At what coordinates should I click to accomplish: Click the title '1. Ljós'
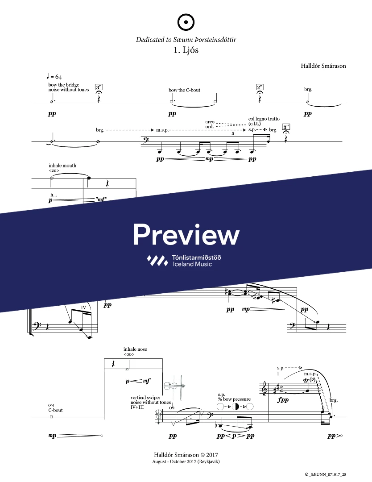tap(186, 50)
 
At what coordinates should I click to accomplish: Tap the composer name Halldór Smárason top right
tap(323, 66)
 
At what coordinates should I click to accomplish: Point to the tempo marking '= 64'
tap(58, 77)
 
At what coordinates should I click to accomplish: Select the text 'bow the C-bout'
tap(184, 90)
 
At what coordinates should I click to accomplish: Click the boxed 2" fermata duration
tap(260, 87)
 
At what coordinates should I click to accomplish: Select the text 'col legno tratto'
tap(264, 119)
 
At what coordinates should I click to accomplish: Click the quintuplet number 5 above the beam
tap(233, 133)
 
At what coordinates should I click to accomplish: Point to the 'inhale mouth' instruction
tap(62, 166)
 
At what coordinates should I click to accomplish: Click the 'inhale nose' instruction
tap(135, 349)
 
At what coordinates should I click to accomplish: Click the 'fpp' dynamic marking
tap(283, 400)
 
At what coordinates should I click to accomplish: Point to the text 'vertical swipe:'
tap(145, 397)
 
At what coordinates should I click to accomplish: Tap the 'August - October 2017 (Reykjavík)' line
tap(186, 461)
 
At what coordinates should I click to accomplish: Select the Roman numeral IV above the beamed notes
tap(83, 307)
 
